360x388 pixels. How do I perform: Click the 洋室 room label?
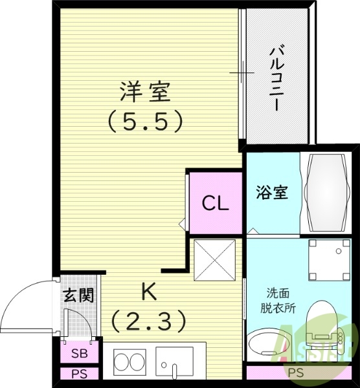(144, 92)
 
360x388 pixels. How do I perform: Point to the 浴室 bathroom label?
(272, 192)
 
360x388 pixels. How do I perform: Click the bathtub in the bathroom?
(327, 192)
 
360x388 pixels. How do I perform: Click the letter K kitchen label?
(149, 292)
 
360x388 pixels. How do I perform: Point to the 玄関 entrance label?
(78, 295)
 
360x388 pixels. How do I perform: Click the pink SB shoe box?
(79, 354)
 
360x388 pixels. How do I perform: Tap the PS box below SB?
(79, 373)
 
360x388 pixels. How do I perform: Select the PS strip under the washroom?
(295, 372)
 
